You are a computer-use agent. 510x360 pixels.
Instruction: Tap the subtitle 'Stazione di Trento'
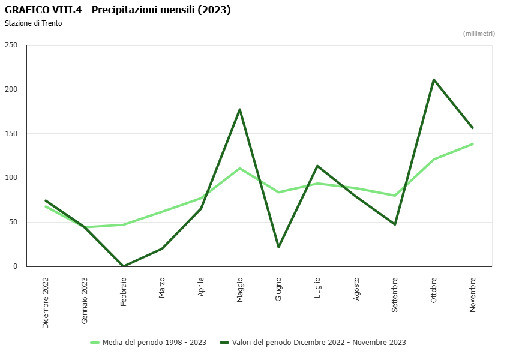(x=33, y=23)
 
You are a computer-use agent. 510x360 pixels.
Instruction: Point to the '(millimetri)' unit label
(x=479, y=34)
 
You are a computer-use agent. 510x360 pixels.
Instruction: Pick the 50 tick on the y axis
(x=13, y=222)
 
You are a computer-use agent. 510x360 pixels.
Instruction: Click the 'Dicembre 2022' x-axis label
(x=46, y=302)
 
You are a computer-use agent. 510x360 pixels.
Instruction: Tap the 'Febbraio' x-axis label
(x=124, y=292)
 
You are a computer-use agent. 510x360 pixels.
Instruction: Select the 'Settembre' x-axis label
(x=395, y=294)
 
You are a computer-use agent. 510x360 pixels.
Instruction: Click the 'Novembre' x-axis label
(x=473, y=294)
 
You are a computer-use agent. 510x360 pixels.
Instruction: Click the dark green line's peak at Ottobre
(x=434, y=80)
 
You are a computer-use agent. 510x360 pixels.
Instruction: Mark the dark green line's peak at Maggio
(x=240, y=109)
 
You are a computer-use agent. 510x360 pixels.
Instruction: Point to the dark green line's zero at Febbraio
(x=124, y=266)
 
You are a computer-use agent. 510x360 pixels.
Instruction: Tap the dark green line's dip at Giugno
(x=278, y=247)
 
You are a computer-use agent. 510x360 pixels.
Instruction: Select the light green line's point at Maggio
(x=240, y=169)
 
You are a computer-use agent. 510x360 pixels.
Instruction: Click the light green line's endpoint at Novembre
(x=473, y=144)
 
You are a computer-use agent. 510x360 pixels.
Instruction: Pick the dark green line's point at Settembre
(x=395, y=224)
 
